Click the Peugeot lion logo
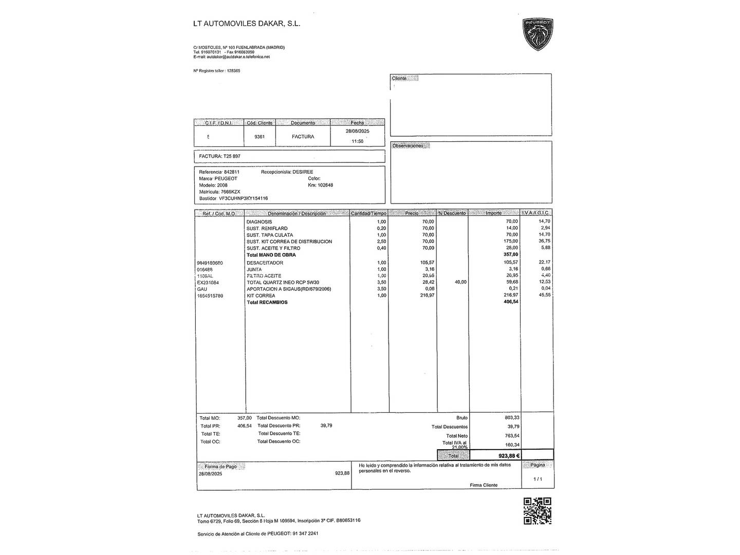click(x=538, y=34)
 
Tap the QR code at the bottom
click(x=537, y=511)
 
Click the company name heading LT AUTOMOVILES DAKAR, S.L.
click(x=247, y=23)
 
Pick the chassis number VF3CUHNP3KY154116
click(x=243, y=198)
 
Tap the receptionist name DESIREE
click(x=303, y=172)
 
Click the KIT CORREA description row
click(x=261, y=295)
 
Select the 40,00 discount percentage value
click(x=460, y=282)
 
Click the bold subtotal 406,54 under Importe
click(x=511, y=302)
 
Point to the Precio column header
click(x=412, y=213)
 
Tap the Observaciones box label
click(x=408, y=146)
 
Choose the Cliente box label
click(x=399, y=79)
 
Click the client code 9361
click(x=260, y=137)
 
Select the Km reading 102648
click(x=325, y=185)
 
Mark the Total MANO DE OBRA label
click(x=271, y=255)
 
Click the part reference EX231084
click(x=208, y=283)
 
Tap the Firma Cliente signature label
click(x=483, y=485)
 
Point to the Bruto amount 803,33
click(x=512, y=418)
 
